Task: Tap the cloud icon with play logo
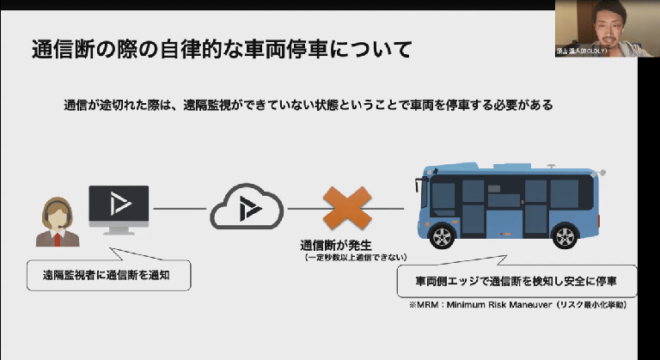tap(247, 208)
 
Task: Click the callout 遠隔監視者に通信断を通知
tap(108, 277)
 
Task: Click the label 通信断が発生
tap(339, 244)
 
